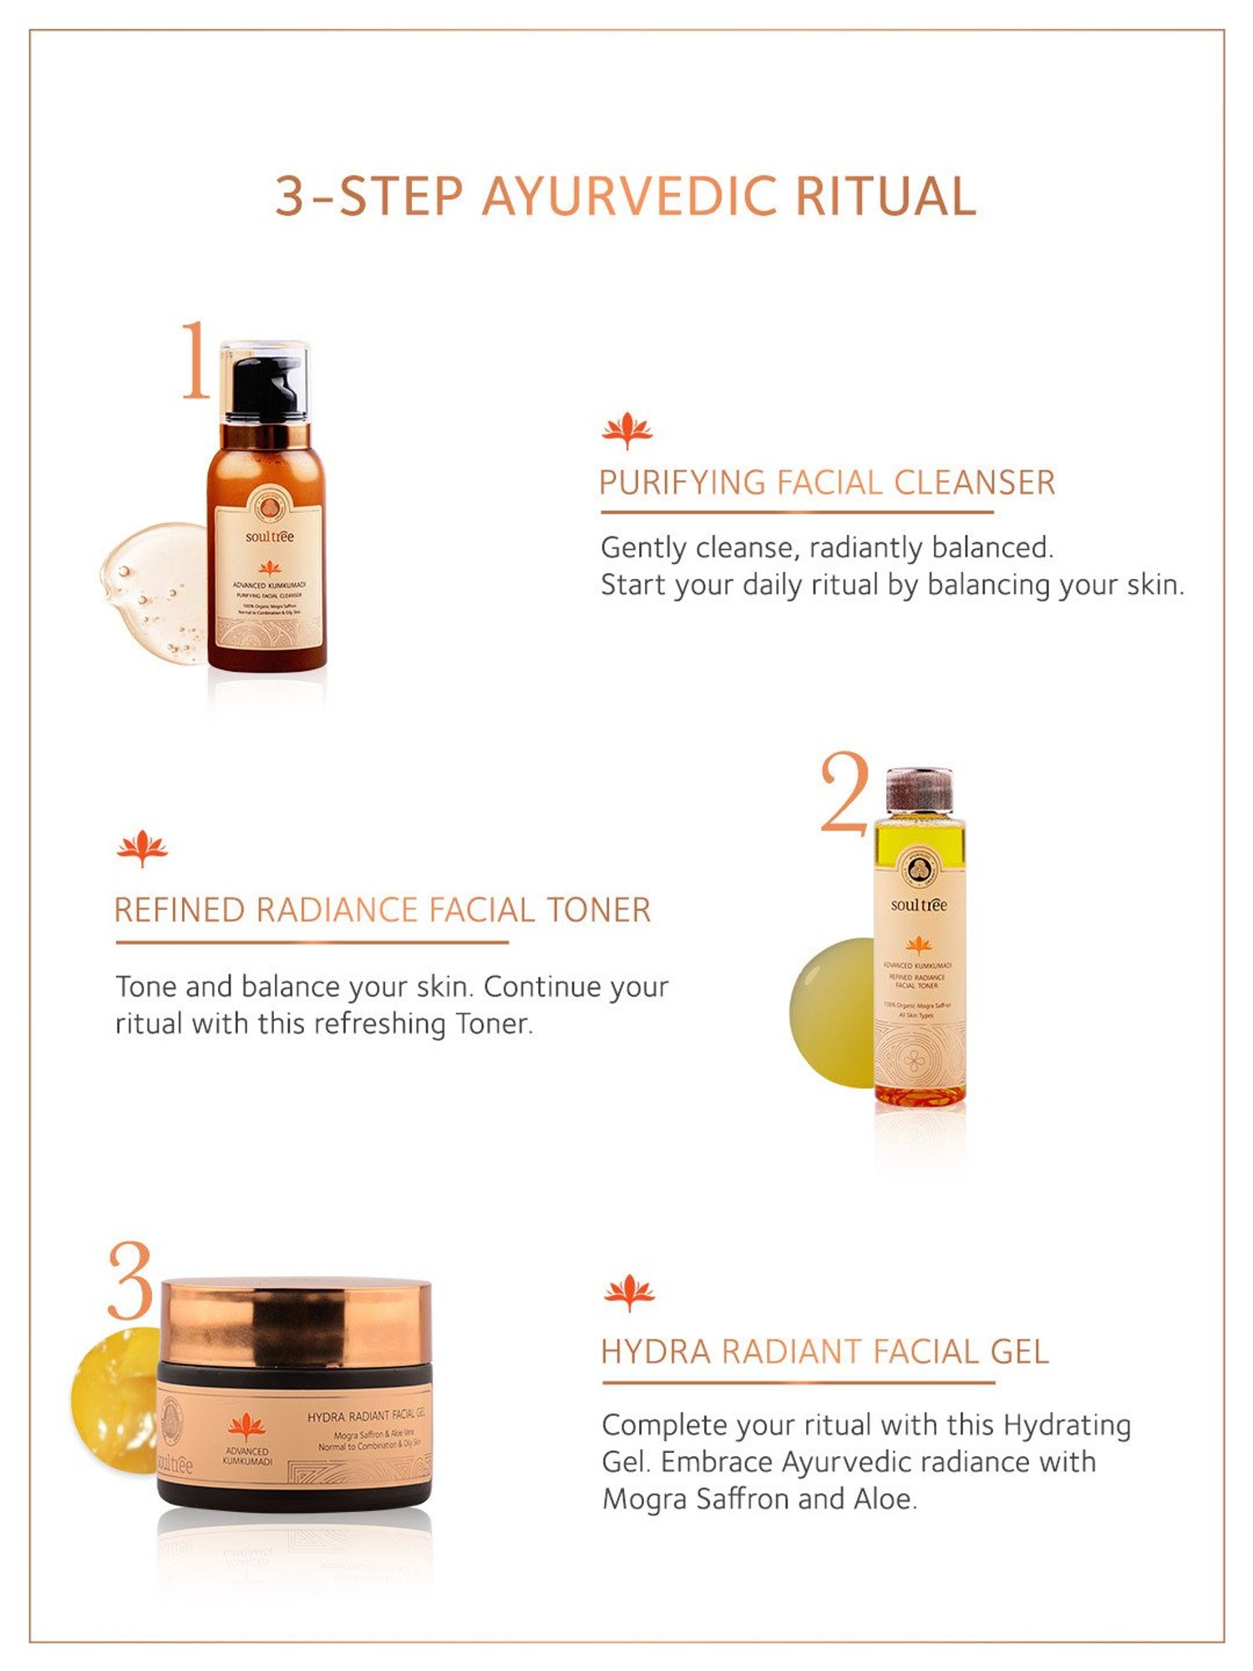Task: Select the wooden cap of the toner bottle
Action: coord(919,790)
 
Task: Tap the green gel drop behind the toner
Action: coord(831,1011)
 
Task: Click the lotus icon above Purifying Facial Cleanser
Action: coord(626,430)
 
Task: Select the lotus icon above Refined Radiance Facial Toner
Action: coord(142,848)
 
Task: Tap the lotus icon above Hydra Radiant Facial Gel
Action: coord(629,1293)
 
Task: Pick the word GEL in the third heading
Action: coord(1018,1352)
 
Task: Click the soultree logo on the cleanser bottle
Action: coord(269,536)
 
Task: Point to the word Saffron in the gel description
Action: coord(743,1499)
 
